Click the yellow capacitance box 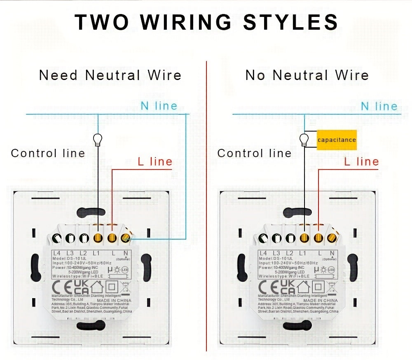pyautogui.click(x=337, y=140)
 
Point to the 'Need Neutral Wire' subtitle pyautogui.click(x=110, y=75)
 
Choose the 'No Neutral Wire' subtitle pyautogui.click(x=307, y=75)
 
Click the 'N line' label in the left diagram pyautogui.click(x=159, y=106)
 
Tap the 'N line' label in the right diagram pyautogui.click(x=379, y=106)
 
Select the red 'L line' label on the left pyautogui.click(x=155, y=162)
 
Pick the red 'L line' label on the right pyautogui.click(x=361, y=162)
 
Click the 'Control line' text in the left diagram pyautogui.click(x=48, y=153)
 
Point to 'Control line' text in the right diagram pyautogui.click(x=254, y=153)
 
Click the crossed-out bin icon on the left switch pyautogui.click(x=125, y=286)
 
